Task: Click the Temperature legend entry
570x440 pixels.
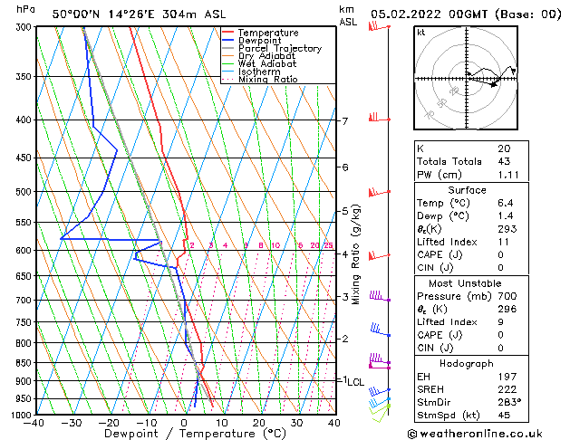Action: (x=266, y=33)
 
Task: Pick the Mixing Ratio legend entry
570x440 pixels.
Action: (x=267, y=80)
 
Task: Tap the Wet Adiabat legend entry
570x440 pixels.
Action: (x=267, y=64)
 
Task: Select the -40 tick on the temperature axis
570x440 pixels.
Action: (x=35, y=423)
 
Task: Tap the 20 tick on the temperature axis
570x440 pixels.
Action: (x=258, y=423)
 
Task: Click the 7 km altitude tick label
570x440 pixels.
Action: (x=344, y=121)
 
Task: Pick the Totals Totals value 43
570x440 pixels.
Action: (x=503, y=161)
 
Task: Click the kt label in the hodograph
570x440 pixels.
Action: (x=420, y=33)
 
